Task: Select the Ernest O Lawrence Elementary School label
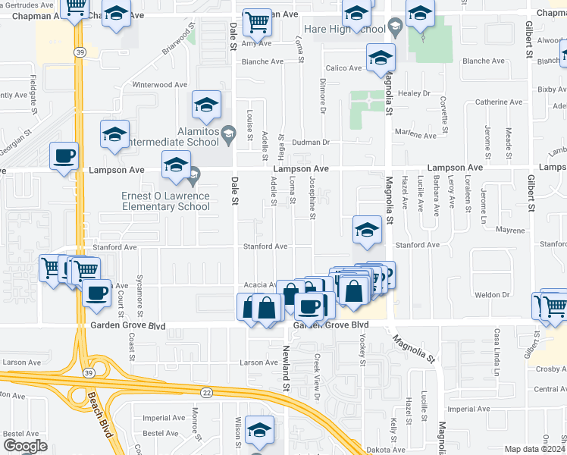point(166,202)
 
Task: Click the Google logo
point(25,446)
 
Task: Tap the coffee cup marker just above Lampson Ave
point(64,155)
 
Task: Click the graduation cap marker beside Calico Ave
point(380,58)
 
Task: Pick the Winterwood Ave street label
point(159,85)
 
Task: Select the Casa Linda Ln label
point(497,353)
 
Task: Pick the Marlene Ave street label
point(419,136)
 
